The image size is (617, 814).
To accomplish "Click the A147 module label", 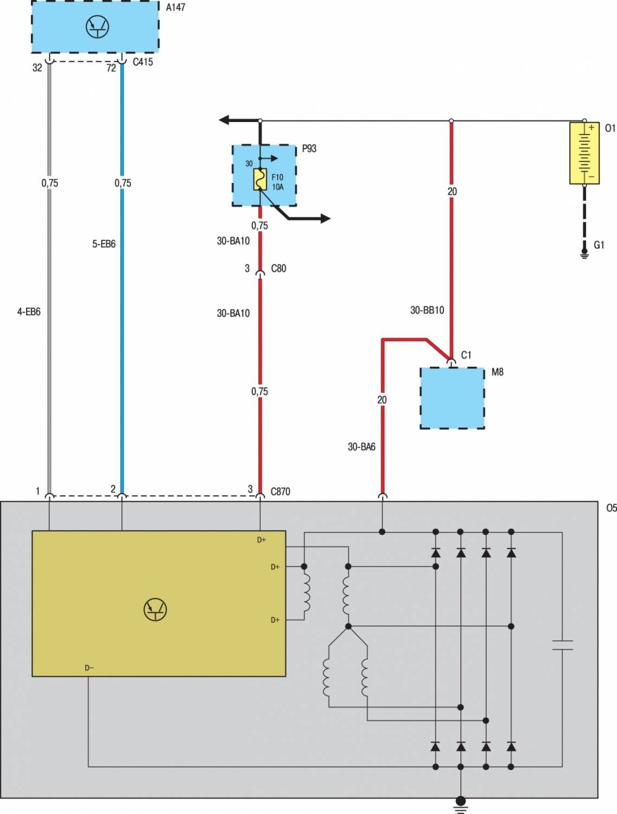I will point(175,8).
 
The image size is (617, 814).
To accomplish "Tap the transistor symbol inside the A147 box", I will point(98,27).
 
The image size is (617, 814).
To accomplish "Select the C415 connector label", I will point(143,62).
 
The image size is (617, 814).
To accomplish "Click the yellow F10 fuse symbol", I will point(260,180).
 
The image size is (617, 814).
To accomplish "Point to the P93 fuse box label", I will point(309,149).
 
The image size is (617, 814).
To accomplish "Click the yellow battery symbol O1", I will point(584,153).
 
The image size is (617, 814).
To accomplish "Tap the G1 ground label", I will point(599,245).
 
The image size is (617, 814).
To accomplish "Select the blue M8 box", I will point(452,398).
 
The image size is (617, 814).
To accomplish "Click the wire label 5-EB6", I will point(104,244).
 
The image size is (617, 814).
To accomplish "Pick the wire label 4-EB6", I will point(29,312).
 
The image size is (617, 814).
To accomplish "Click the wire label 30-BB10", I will point(427,310).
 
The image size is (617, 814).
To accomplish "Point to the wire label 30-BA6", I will point(361,447).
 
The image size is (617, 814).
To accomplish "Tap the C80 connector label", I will point(278,269).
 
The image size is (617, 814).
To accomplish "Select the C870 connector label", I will point(280,492).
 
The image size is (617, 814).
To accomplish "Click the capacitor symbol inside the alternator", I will point(562,645).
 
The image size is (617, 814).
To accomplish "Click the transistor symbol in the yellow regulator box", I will point(155,609).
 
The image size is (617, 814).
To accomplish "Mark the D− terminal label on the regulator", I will point(89,668).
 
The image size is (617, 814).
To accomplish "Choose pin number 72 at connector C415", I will point(111,68).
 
